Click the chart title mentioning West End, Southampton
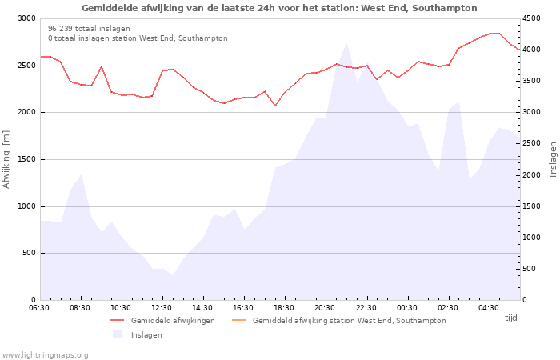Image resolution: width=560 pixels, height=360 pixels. point(279,8)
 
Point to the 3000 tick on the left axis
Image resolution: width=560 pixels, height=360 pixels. point(26,18)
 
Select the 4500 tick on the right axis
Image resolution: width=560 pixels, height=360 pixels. point(531,18)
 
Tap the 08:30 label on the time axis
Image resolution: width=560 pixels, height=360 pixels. point(80,308)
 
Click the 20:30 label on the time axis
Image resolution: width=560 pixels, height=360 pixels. point(324,308)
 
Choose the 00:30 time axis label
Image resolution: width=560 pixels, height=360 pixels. point(406,308)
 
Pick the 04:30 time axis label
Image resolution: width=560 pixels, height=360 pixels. point(488,308)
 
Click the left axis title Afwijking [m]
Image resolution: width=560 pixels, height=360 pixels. point(6,159)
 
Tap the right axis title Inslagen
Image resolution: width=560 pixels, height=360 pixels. point(554,159)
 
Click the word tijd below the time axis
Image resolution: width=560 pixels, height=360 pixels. point(510,318)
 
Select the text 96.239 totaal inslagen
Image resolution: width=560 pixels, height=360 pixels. point(89,29)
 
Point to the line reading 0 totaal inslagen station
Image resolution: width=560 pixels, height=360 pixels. point(138,38)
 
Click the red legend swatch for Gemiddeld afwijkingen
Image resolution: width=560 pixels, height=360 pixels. point(118,320)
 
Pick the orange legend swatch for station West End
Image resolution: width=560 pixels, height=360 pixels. point(239,320)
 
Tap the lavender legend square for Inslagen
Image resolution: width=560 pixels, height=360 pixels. point(117,334)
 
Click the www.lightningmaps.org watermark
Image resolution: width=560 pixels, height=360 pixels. point(45,355)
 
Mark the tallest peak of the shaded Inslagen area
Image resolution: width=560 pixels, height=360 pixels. point(346,43)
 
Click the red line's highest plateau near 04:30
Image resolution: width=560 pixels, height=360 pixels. point(494,34)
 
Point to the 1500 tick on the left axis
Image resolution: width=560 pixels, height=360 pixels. point(26,159)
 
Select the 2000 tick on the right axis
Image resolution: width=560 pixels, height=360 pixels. point(531,175)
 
